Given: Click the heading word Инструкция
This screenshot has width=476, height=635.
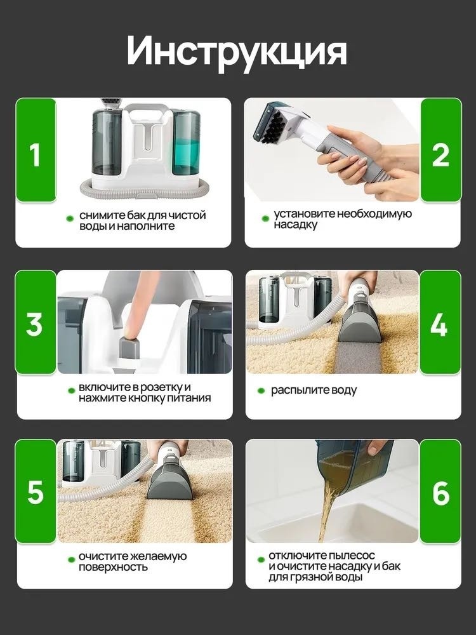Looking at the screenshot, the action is [x=237, y=50].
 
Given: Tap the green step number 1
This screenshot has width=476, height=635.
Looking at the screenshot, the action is [x=35, y=154].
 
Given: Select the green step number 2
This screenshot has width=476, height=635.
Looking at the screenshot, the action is [x=441, y=154].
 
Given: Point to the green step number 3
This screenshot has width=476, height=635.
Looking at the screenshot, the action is [x=34, y=324].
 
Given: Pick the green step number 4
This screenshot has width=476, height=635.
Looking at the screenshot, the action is [x=439, y=324].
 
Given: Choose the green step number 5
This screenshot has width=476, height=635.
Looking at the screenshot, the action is [x=35, y=493].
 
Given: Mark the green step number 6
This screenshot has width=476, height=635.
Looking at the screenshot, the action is [x=441, y=493].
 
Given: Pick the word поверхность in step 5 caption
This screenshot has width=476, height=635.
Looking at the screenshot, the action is [x=113, y=567].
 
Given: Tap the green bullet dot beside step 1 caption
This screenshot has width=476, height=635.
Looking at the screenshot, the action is [x=70, y=218].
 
